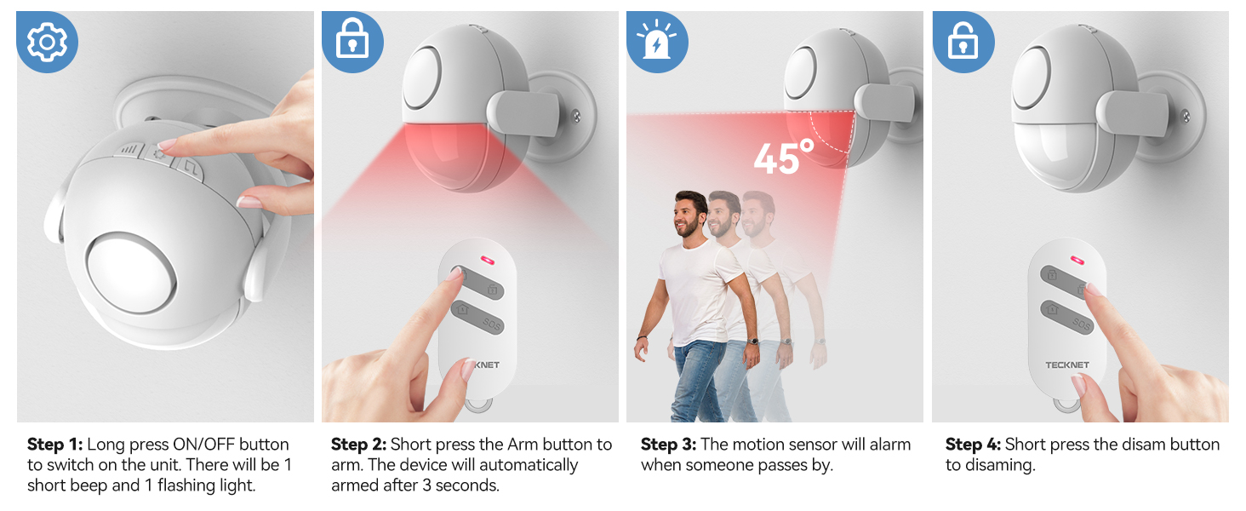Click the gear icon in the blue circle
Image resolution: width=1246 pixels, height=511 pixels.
(48, 42)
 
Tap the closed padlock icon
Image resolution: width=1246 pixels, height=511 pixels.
(352, 42)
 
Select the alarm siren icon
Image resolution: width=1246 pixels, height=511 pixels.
(657, 42)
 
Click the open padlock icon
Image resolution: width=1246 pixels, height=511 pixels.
(963, 42)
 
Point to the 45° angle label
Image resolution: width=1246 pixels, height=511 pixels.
(783, 158)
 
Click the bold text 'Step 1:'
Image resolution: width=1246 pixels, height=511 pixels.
(55, 445)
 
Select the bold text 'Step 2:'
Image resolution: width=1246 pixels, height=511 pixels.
(359, 445)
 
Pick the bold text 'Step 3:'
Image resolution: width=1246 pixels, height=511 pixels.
(668, 445)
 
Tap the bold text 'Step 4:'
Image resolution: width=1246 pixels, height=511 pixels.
(974, 445)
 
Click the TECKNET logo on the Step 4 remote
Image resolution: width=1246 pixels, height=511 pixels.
(1067, 365)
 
